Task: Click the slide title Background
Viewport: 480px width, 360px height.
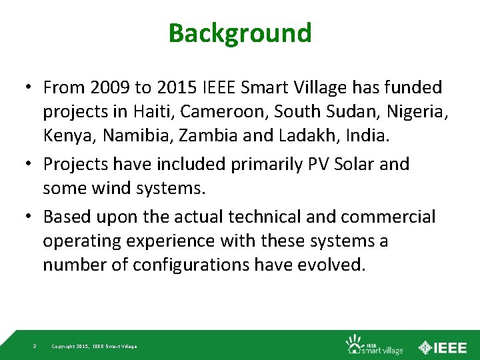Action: pyautogui.click(x=240, y=33)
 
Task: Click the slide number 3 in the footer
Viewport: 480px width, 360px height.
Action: pyautogui.click(x=35, y=346)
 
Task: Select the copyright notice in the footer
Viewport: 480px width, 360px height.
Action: pyautogui.click(x=94, y=347)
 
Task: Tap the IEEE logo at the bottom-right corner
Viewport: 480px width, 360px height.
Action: pyautogui.click(x=443, y=346)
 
